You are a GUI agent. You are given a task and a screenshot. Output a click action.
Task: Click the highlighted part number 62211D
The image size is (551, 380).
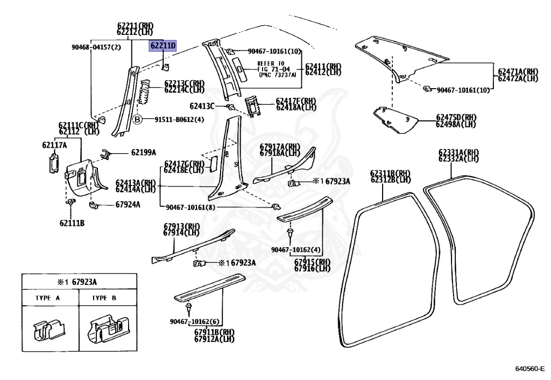pos(163,46)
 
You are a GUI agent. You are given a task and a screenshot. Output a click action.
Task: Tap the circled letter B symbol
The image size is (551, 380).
pos(137,119)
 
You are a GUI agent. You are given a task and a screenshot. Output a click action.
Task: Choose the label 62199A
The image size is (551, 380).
pos(143,152)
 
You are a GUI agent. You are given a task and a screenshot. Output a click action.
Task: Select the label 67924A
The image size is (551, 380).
pos(128,204)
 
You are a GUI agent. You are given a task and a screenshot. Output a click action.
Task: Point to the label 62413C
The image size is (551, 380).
pos(202,106)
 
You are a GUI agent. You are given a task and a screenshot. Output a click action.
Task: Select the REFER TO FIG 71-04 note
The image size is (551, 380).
pos(262,69)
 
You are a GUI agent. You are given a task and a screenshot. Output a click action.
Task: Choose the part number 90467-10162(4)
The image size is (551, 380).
pos(296,249)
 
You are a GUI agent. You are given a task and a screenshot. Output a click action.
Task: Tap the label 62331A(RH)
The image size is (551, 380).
pos(458,152)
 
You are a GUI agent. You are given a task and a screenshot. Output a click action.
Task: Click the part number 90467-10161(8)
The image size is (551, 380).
pos(189,206)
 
